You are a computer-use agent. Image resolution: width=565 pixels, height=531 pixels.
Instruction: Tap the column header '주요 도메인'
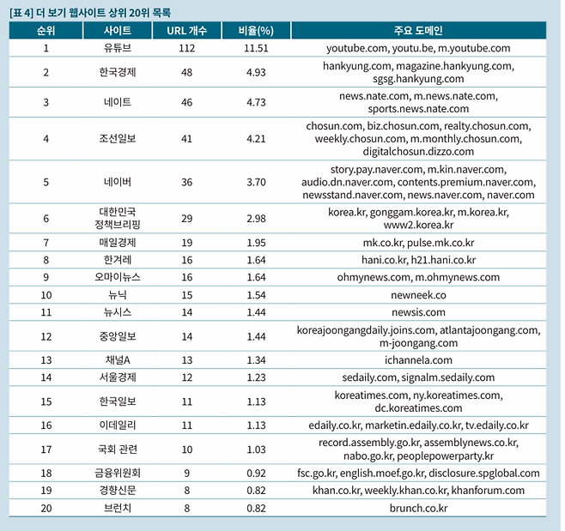[417, 31]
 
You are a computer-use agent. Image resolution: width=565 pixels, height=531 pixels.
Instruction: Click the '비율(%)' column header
[256, 31]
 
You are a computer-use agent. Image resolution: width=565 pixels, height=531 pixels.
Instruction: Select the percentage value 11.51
[256, 49]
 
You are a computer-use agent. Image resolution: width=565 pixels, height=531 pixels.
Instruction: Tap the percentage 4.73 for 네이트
[256, 102]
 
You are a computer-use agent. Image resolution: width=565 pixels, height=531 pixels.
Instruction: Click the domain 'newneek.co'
[417, 294]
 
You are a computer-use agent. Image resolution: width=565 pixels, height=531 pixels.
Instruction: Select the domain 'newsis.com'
[417, 312]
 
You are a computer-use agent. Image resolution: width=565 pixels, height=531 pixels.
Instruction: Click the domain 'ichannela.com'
[417, 359]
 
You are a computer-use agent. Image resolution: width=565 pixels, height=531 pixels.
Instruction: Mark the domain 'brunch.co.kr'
[417, 508]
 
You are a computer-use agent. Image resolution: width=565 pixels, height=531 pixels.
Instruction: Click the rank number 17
[46, 449]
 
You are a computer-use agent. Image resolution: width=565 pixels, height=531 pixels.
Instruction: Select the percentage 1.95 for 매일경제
[256, 242]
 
